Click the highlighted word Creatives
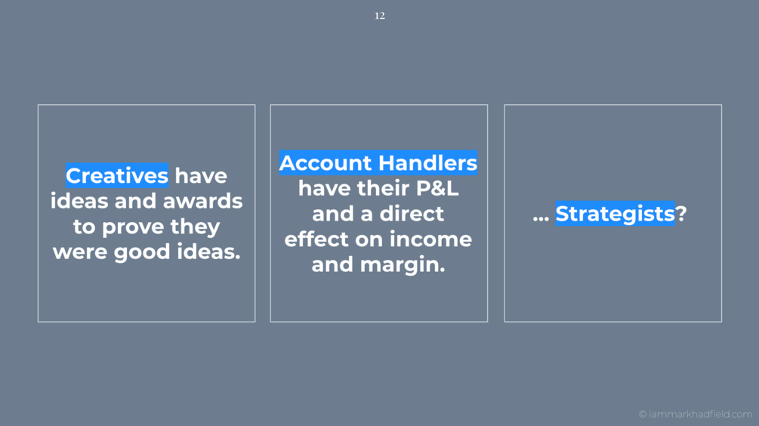point(117,175)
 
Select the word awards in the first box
point(202,201)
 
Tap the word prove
point(133,227)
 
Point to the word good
point(142,252)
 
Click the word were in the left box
point(80,252)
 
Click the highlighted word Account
point(326,163)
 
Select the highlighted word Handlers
point(428,162)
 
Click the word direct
point(412,214)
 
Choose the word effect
point(316,239)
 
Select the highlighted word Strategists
point(615,214)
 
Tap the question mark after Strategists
point(681,214)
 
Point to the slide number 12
point(380,16)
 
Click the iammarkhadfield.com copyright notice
point(695,414)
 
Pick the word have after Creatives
point(201,176)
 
